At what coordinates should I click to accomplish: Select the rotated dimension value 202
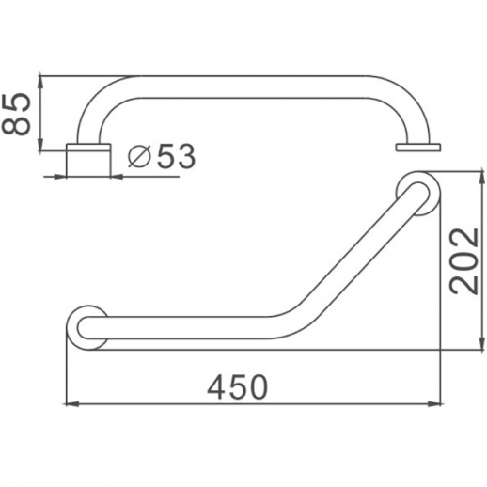463,260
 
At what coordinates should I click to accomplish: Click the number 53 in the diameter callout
176,157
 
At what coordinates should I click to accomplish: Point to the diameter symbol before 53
137,158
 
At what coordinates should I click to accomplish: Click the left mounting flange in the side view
88,160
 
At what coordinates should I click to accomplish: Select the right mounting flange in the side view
418,147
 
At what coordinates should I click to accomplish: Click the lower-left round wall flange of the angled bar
86,325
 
